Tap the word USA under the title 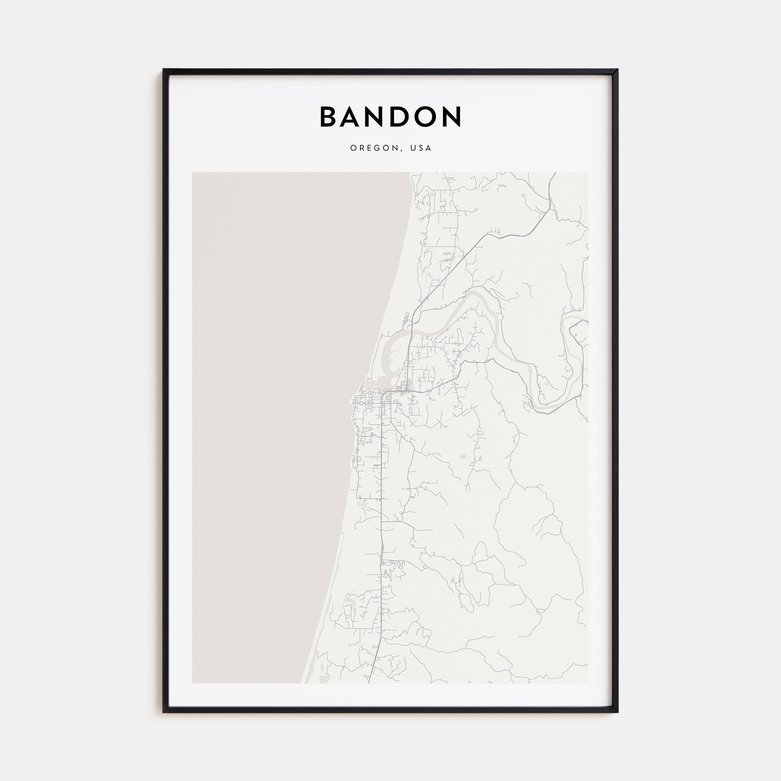click(421, 148)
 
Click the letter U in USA click(413, 148)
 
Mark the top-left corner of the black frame click(164, 70)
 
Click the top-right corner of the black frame click(617, 70)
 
